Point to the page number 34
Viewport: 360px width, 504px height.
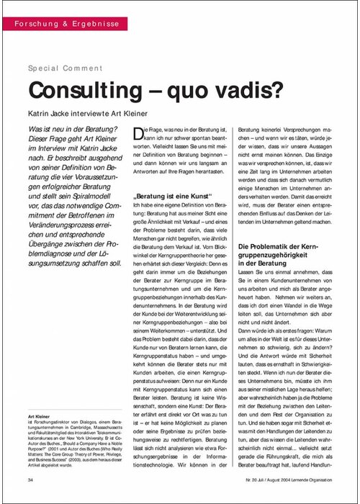[31, 478]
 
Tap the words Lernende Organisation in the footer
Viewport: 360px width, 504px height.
[316, 478]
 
